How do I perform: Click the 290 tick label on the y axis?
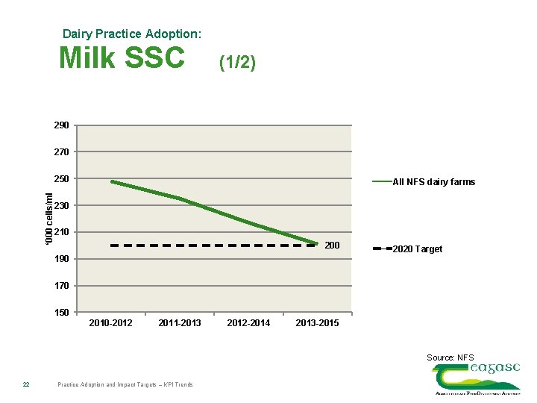(61, 125)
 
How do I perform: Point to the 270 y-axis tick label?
(61, 152)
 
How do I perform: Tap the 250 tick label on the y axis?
(61, 179)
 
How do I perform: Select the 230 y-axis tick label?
(61, 206)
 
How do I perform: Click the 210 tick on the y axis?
(61, 233)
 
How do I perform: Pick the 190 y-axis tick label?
(61, 259)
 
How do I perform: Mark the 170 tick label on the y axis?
(61, 286)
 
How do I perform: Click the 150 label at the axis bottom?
(61, 313)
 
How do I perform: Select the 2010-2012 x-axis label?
(110, 323)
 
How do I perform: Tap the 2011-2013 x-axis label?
(180, 323)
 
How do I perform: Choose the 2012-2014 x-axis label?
(249, 323)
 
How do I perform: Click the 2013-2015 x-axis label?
(317, 323)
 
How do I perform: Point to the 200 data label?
(332, 246)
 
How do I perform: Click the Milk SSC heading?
(122, 57)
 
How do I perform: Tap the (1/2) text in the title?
(237, 63)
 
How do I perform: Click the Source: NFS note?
(450, 357)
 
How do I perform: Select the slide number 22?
(25, 384)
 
